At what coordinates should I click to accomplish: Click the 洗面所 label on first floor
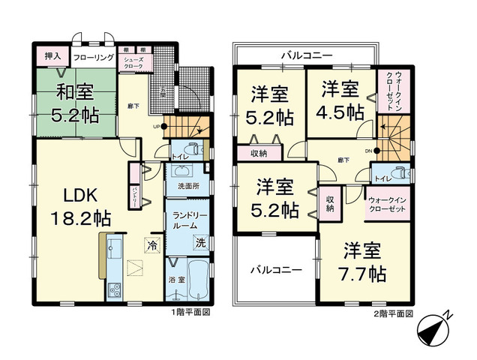[187, 184]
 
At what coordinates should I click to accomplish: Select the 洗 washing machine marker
[200, 243]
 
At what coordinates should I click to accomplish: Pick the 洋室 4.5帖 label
[343, 101]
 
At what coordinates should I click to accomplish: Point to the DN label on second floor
[367, 150]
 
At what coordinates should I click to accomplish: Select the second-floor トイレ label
[382, 179]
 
